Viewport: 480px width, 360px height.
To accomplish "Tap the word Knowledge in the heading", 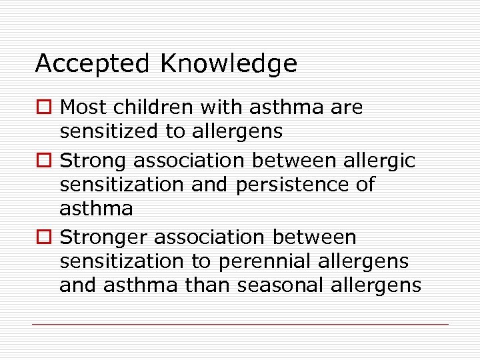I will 228,64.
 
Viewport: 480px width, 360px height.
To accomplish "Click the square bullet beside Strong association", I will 45,161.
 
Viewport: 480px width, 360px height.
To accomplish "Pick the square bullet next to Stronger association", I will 45,237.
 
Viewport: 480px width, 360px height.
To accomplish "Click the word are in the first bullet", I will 348,107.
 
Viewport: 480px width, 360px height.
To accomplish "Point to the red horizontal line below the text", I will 240,325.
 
